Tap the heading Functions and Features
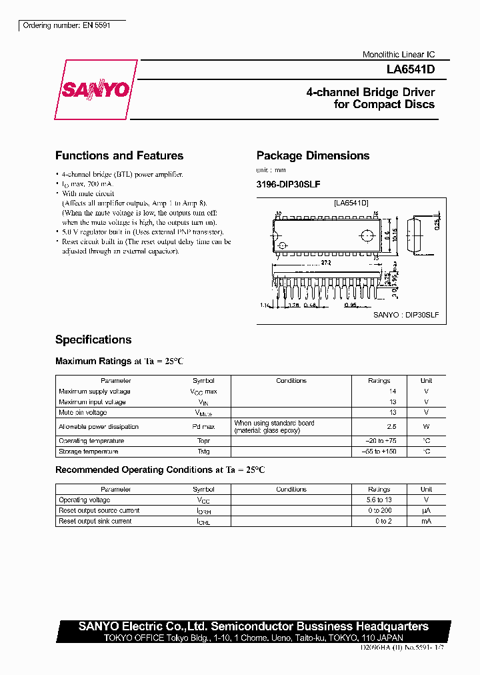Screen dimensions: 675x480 click(x=119, y=155)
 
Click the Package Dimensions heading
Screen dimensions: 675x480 click(x=313, y=155)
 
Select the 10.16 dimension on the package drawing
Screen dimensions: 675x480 click(x=395, y=235)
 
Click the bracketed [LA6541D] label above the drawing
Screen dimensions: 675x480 click(x=351, y=202)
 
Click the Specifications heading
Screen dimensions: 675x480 click(x=93, y=340)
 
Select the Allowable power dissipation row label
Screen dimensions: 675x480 click(x=99, y=427)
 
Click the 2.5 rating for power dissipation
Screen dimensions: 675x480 click(x=391, y=427)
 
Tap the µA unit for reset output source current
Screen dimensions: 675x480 click(x=426, y=510)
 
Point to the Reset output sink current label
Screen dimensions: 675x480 click(x=95, y=521)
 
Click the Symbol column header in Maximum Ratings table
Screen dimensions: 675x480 click(x=203, y=380)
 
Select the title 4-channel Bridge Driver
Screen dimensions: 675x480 click(x=370, y=92)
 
